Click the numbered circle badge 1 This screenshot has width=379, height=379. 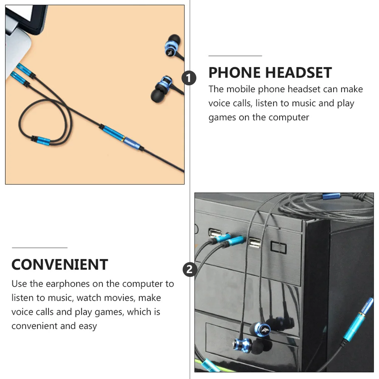tap(189, 78)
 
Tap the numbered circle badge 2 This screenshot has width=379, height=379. tap(189, 270)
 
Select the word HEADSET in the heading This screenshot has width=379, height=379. tap(298, 73)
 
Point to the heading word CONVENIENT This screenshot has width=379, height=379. tap(60, 265)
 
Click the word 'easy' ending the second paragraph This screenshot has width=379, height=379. tap(88, 326)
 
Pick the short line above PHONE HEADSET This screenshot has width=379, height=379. tap(235, 56)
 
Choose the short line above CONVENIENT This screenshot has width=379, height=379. tap(39, 248)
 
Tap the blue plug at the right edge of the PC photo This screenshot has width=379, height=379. tap(357, 318)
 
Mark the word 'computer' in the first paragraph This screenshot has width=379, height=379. tap(289, 117)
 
